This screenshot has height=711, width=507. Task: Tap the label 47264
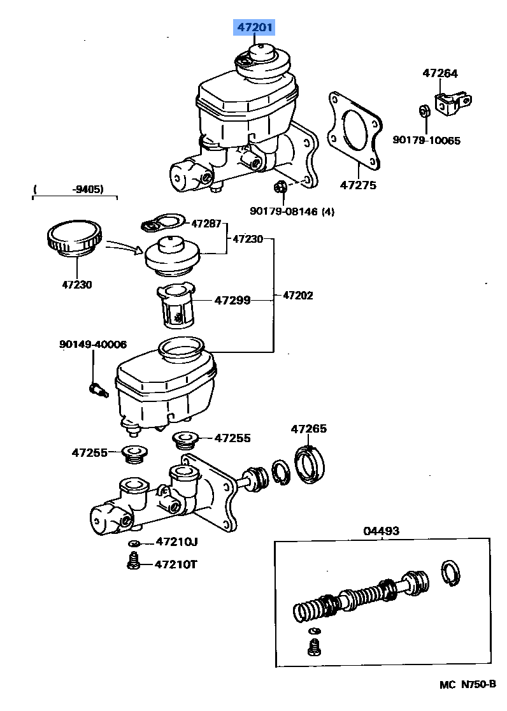click(x=439, y=73)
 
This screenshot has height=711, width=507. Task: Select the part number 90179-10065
click(x=426, y=141)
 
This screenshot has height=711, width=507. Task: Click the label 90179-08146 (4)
click(x=291, y=212)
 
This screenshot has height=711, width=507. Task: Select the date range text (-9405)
click(x=75, y=189)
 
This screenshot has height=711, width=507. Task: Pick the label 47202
click(x=297, y=296)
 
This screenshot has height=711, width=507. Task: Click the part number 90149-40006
click(x=92, y=344)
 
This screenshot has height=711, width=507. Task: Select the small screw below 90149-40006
click(x=96, y=388)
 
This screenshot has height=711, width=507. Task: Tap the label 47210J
click(x=176, y=542)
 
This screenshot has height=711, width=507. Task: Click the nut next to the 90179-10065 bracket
click(x=424, y=111)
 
